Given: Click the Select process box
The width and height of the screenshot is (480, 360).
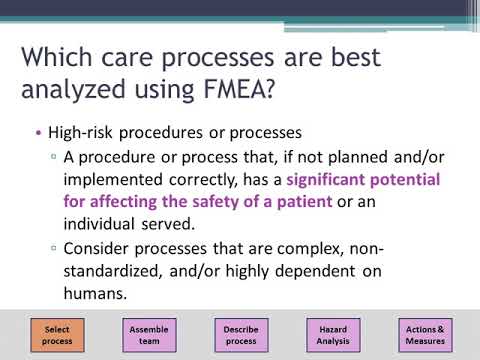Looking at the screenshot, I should pyautogui.click(x=57, y=334).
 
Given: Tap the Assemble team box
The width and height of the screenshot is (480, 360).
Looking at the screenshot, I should pyautogui.click(x=148, y=334).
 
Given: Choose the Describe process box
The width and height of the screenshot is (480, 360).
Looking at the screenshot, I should pyautogui.click(x=240, y=334).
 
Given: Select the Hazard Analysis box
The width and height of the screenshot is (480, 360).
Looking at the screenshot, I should pyautogui.click(x=332, y=334).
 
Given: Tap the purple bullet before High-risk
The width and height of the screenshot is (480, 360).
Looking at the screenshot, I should pyautogui.click(x=39, y=133).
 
